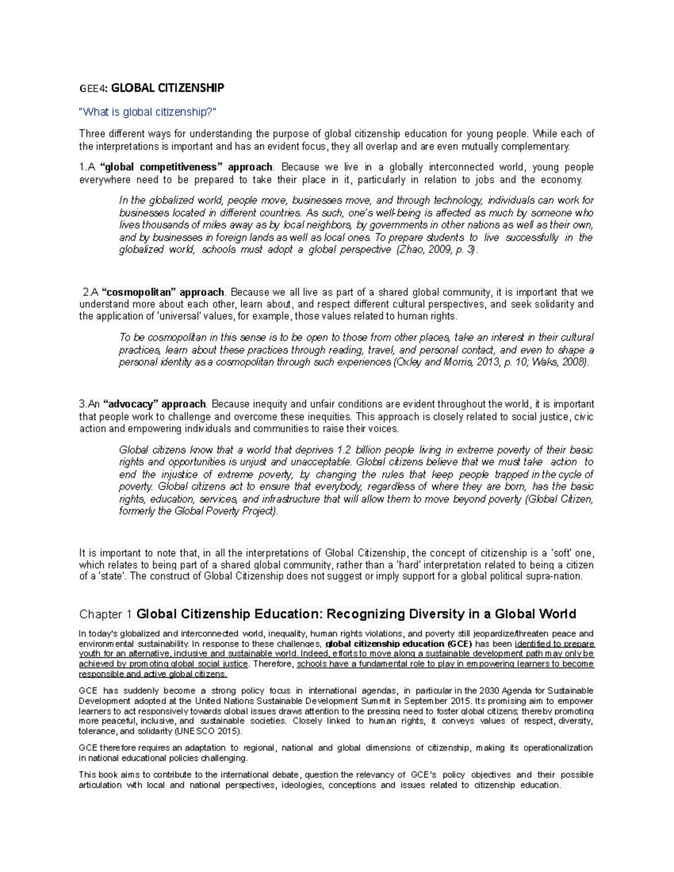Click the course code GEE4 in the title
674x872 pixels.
click(x=92, y=88)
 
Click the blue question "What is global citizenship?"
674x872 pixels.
click(x=147, y=112)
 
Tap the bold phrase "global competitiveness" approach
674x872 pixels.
click(x=186, y=167)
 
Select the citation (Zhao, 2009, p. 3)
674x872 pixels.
click(x=437, y=250)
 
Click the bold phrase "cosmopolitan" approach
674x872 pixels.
click(x=163, y=293)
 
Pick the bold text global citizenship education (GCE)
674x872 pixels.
click(x=399, y=644)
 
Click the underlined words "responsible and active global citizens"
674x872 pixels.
click(x=153, y=674)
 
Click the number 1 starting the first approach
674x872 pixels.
click(x=82, y=167)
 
